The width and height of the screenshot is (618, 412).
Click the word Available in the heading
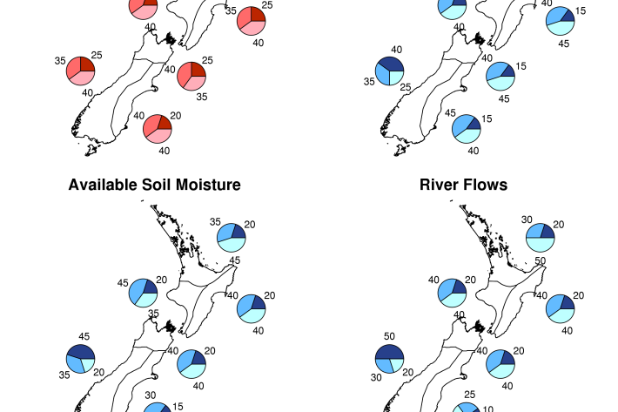pyautogui.click(x=103, y=185)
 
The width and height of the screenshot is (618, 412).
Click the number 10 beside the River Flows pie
pyautogui.click(x=488, y=409)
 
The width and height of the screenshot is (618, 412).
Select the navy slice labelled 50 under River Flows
pyautogui.click(x=389, y=352)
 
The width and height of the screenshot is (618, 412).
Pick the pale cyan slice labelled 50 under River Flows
pyautogui.click(x=541, y=245)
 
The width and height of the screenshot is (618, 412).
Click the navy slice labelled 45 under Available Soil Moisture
pyautogui.click(x=82, y=352)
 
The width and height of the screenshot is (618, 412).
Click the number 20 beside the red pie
pyautogui.click(x=175, y=116)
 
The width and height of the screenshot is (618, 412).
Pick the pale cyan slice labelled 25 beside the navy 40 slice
pyautogui.click(x=396, y=78)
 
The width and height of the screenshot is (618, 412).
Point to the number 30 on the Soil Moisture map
pyautogui.click(x=151, y=395)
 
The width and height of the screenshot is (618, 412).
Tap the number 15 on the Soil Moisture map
pyautogui.click(x=178, y=407)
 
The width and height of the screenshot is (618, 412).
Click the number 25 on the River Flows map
pyautogui.click(x=469, y=395)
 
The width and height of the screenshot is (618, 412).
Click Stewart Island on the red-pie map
pyautogui.click(x=91, y=150)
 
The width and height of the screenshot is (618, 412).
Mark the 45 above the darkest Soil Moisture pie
pyautogui.click(x=84, y=336)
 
